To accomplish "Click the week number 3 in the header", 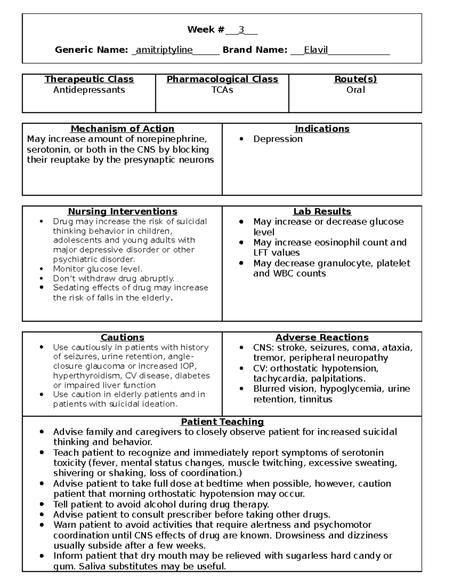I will (241, 30).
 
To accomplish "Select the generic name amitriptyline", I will (164, 50).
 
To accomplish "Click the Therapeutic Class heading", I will (89, 79).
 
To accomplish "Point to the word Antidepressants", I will (89, 90).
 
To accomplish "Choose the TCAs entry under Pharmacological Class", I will (222, 90).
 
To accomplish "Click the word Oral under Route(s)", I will (355, 90).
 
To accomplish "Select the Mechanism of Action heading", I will (122, 129).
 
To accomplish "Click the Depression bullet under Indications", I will (277, 139).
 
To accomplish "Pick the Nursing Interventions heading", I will (122, 212).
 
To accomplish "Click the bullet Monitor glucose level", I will (97, 269).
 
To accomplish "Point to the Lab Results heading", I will (322, 212).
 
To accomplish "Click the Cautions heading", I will (122, 338).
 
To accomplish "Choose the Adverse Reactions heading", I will (322, 338).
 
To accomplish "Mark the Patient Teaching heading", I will (222, 422).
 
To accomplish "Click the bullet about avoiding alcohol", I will (161, 505).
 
